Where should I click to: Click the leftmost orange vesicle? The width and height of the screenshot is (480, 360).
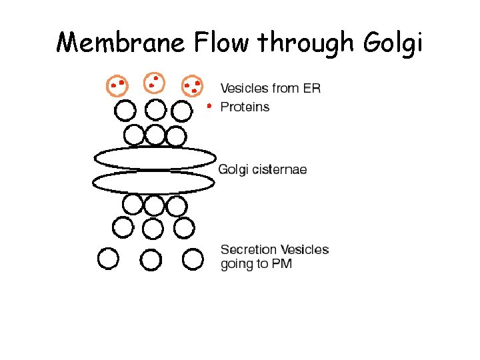click(x=118, y=85)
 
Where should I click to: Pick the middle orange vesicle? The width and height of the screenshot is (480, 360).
click(x=155, y=83)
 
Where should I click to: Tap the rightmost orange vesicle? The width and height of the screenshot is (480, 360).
click(x=193, y=85)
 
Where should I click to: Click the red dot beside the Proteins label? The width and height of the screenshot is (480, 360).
click(x=209, y=106)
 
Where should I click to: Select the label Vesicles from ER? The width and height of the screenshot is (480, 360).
click(x=270, y=89)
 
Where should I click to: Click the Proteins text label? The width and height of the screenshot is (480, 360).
click(x=245, y=107)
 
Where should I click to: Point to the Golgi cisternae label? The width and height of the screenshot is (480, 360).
click(x=263, y=170)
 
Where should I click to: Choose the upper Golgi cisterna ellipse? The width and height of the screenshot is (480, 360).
click(x=155, y=158)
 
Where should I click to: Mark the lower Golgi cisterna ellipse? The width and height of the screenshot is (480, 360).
click(x=153, y=181)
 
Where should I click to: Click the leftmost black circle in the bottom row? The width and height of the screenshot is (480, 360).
click(x=108, y=259)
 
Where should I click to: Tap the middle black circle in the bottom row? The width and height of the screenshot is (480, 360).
click(x=151, y=259)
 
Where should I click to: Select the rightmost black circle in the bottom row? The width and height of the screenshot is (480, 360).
click(x=193, y=259)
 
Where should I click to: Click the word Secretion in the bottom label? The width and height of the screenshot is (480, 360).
click(x=247, y=250)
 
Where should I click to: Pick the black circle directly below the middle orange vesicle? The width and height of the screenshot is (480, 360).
click(x=155, y=110)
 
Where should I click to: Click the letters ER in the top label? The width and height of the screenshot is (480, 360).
click(x=311, y=89)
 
